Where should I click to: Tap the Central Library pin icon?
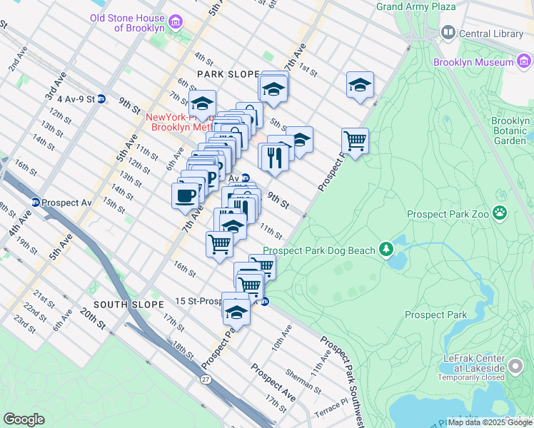448,32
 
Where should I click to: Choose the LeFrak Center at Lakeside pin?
515,368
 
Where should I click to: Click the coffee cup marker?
186,195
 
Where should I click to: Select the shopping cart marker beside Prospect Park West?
355,140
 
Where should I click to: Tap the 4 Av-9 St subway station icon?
102,99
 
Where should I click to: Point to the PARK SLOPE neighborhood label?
228,74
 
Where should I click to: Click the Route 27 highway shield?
206,378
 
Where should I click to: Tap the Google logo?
24,419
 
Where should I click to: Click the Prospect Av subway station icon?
35,203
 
